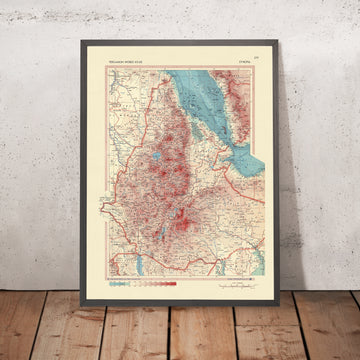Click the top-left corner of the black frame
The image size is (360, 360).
click(x=86, y=39)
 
